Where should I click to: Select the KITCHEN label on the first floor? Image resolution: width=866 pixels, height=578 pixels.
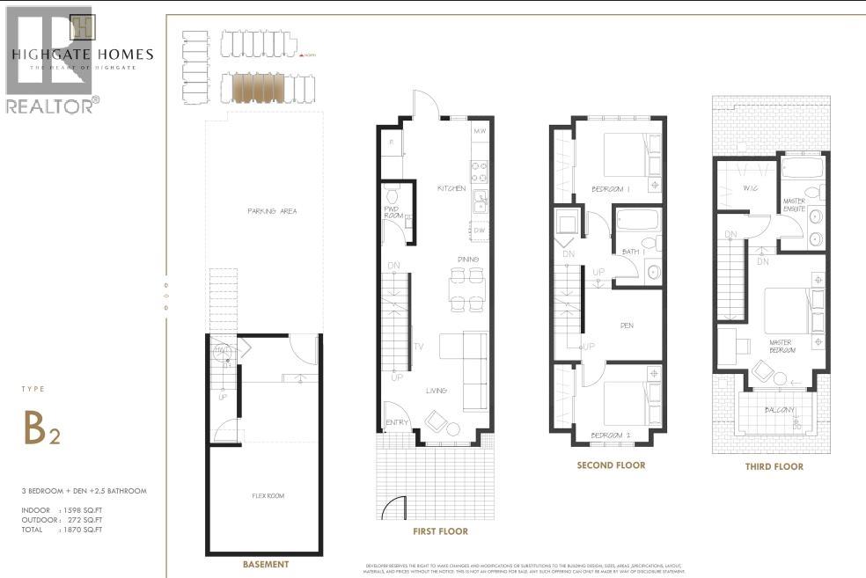coord(451,189)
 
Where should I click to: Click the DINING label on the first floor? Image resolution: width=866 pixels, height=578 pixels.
coord(467,260)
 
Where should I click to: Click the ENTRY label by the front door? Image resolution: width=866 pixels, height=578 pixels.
coord(398,423)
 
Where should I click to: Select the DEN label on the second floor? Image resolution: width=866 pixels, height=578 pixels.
coord(627,326)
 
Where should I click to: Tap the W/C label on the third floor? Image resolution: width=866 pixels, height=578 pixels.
coord(751,187)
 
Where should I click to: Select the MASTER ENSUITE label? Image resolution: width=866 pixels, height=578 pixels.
coord(795,206)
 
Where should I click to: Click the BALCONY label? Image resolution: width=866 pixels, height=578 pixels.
coord(780,411)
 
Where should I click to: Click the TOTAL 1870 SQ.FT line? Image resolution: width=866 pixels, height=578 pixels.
coord(62,530)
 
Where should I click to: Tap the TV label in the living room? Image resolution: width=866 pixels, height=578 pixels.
coord(419,347)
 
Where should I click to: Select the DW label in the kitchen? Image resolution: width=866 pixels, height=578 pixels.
coord(479,230)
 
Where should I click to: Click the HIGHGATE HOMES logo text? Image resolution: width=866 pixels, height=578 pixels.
coord(82,55)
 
